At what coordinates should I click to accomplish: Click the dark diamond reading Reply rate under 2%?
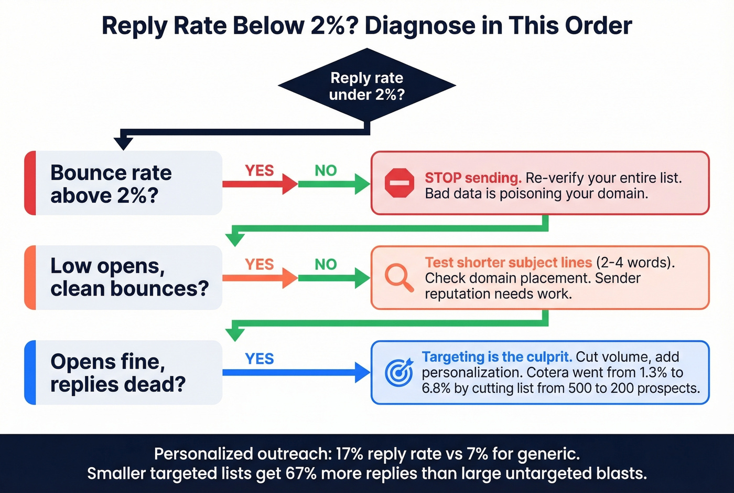367,86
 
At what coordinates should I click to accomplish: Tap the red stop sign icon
400,183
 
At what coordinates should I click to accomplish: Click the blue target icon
399,372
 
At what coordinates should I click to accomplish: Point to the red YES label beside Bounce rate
260,171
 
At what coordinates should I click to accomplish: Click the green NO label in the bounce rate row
326,171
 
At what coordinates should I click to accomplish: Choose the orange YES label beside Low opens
260,264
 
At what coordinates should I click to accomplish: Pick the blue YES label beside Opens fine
260,359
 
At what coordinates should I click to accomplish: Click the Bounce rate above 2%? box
124,183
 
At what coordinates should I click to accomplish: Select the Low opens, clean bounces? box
124,277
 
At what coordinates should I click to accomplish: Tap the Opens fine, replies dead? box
124,372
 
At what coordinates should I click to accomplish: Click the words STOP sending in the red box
473,178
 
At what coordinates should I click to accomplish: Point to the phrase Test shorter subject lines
508,263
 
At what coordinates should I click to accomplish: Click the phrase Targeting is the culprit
496,357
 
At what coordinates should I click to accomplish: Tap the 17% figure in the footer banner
349,454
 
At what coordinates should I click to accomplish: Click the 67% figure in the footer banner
301,474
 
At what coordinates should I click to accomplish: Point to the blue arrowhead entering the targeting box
363,372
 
